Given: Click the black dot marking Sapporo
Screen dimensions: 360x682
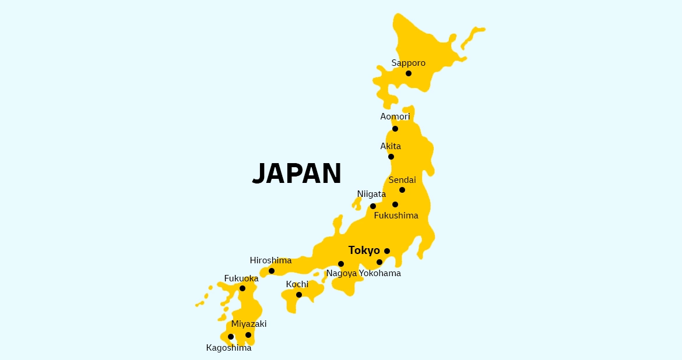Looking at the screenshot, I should coord(409,73).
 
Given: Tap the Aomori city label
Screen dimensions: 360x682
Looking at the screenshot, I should coord(395,117).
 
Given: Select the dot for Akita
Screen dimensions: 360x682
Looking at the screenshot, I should coord(391,157).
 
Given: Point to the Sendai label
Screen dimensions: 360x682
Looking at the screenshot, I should coord(402,180).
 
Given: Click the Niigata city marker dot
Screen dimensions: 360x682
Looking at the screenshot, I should coord(373,206).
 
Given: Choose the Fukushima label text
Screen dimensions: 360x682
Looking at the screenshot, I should coord(396,216).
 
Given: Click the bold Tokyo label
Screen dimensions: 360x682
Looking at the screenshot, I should coord(364,250).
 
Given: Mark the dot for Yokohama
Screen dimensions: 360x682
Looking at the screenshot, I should coord(379,262).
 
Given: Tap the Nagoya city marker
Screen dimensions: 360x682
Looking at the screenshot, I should coord(341,264).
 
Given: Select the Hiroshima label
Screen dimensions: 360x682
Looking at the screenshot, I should coord(270,260).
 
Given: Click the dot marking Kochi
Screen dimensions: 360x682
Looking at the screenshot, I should coord(299,295).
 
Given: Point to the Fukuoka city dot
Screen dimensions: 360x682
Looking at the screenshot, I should coord(242,288).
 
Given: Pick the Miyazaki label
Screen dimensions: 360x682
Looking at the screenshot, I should coord(249,324).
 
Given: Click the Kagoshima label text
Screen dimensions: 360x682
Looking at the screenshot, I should coord(229,348).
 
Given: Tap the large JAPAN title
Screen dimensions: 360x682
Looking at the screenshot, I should coord(297,174).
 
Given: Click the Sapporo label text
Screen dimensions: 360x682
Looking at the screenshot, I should coord(409,63).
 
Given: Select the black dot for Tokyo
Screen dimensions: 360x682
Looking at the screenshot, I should coord(387,251).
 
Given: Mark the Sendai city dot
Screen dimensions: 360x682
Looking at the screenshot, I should coord(402,190).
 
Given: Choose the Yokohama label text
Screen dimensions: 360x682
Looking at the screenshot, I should coord(380,273).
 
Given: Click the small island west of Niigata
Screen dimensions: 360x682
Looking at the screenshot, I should coord(357,203).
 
